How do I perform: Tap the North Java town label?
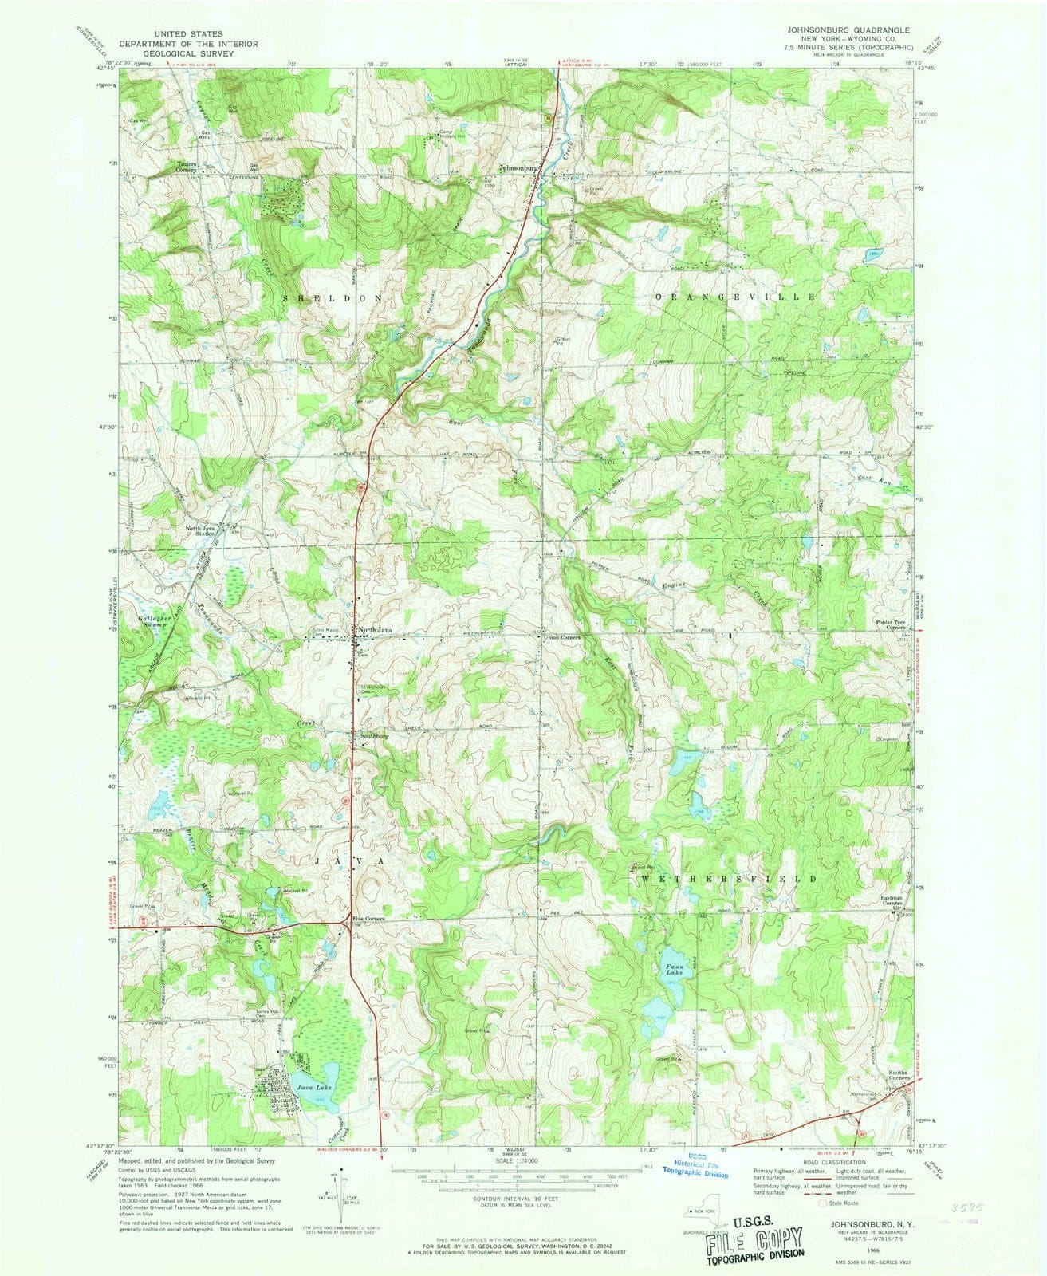pyautogui.click(x=376, y=631)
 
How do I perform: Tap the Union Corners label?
pyautogui.click(x=561, y=639)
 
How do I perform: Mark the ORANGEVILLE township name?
pyautogui.click(x=736, y=296)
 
